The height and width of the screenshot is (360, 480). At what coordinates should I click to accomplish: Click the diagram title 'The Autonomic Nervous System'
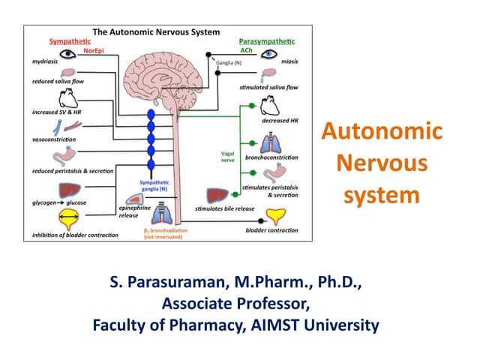(x=155, y=32)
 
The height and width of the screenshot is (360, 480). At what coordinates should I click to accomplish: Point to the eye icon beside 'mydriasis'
(x=69, y=56)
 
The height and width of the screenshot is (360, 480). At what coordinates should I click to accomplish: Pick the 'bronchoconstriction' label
(x=271, y=157)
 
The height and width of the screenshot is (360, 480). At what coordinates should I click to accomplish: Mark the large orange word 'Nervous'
(x=381, y=163)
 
